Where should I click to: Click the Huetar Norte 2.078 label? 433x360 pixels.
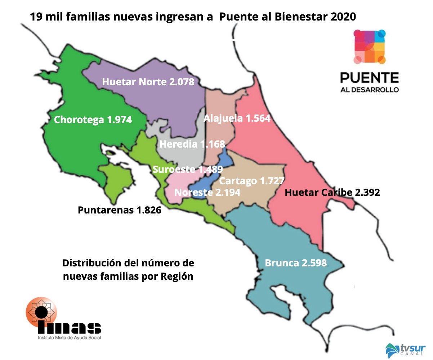pyautogui.click(x=148, y=82)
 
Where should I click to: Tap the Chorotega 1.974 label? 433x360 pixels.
pyautogui.click(x=93, y=120)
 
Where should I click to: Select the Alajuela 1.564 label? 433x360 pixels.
pyautogui.click(x=237, y=118)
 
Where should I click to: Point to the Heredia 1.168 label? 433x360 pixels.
pyautogui.click(x=192, y=145)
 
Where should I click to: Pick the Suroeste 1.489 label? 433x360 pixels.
pyautogui.click(x=187, y=169)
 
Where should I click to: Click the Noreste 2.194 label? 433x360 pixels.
pyautogui.click(x=207, y=193)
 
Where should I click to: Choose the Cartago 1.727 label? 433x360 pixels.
pyautogui.click(x=252, y=181)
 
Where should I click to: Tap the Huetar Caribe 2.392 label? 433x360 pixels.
pyautogui.click(x=332, y=193)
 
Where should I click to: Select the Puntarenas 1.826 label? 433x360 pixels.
pyautogui.click(x=119, y=210)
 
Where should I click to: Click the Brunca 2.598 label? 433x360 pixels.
pyautogui.click(x=296, y=263)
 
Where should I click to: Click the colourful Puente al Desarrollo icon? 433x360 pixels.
pyautogui.click(x=369, y=47)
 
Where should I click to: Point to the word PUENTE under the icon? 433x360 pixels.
pyautogui.click(x=369, y=77)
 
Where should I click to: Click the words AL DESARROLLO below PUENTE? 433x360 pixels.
pyautogui.click(x=369, y=90)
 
